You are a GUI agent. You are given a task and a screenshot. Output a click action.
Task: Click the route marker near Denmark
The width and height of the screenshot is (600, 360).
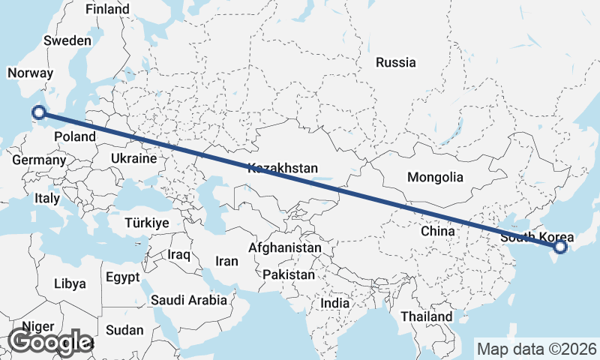click(39, 113)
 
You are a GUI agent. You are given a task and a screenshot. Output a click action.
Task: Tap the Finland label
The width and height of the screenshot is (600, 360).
click(107, 10)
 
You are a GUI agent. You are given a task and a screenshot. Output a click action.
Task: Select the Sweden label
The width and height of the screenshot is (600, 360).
click(67, 40)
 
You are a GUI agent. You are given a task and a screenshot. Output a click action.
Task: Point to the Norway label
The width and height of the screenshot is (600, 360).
click(30, 73)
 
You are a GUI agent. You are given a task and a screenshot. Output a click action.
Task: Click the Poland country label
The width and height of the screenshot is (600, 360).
click(74, 137)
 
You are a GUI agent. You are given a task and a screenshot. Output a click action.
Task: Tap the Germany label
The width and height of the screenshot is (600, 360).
click(40, 160)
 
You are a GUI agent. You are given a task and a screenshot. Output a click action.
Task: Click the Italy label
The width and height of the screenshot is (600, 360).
click(46, 199)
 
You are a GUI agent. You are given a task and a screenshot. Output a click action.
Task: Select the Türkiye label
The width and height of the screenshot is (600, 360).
click(147, 223)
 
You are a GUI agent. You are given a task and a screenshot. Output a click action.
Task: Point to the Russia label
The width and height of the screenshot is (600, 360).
click(396, 62)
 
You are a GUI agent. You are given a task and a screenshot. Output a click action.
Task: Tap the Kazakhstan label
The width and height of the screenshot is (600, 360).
click(285, 168)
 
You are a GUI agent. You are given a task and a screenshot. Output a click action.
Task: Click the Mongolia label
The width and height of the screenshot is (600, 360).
click(435, 178)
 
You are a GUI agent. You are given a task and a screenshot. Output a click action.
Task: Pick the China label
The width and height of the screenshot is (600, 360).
click(438, 232)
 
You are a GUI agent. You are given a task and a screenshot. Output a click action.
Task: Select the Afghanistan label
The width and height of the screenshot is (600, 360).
click(285, 247)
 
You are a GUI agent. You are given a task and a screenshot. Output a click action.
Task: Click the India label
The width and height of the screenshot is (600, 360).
click(335, 304)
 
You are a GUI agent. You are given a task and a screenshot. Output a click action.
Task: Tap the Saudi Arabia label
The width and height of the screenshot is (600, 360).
click(189, 301)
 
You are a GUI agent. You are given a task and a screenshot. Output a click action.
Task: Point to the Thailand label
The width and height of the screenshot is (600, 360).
click(427, 316)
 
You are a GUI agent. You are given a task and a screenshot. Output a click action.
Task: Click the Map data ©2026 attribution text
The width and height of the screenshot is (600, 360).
click(536, 349)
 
